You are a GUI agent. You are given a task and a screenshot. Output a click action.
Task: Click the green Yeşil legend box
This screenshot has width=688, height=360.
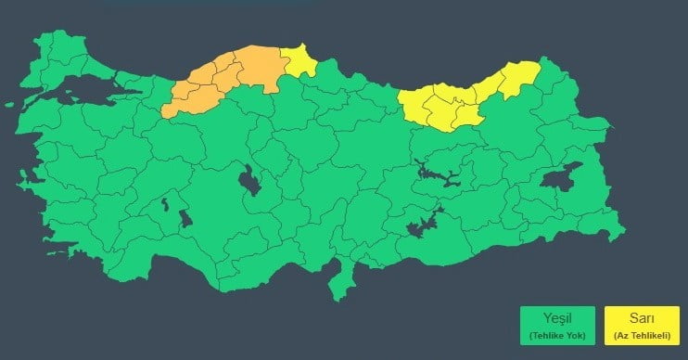tap(558, 325)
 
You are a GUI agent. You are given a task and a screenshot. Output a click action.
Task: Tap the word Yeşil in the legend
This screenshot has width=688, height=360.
tap(558, 318)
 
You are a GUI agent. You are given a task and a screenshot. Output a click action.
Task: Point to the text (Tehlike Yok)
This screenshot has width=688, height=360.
tap(558, 334)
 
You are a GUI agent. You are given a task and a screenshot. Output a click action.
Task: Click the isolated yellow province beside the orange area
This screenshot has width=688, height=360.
tap(299, 62)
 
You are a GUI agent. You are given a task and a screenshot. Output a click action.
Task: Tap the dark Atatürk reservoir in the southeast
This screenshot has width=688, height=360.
tap(423, 225)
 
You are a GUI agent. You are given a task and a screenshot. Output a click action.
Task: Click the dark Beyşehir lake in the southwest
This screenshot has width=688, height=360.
tap(185, 219)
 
